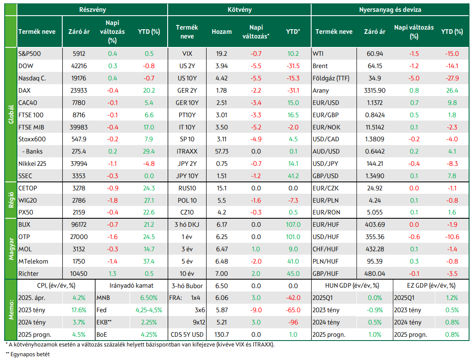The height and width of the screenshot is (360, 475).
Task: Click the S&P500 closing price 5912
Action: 79,54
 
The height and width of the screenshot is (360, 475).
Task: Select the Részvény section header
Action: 92,10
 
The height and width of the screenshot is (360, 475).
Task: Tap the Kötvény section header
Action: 240,10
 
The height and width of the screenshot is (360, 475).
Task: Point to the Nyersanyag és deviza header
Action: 390,10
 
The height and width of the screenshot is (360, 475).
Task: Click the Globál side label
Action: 11,115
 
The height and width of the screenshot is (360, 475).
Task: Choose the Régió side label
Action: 11,200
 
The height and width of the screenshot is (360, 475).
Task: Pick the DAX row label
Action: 24,90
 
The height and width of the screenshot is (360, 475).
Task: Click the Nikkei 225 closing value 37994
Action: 79,163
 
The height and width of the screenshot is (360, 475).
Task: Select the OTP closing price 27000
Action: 79,237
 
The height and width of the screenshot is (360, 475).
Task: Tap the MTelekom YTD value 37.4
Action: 149,261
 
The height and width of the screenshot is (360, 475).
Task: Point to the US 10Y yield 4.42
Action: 221,78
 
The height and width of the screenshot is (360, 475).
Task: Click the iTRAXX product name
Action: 187,151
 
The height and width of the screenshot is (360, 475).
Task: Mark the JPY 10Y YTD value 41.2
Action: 293,176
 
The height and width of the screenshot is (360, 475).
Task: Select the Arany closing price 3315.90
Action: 375,90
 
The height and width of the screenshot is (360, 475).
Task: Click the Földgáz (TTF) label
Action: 331,78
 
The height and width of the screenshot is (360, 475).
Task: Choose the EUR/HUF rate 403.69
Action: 375,225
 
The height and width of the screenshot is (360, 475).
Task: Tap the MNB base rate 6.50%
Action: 149,298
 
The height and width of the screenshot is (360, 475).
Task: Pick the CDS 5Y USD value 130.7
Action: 221,335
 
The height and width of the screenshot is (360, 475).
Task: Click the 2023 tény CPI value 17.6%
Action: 79,310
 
